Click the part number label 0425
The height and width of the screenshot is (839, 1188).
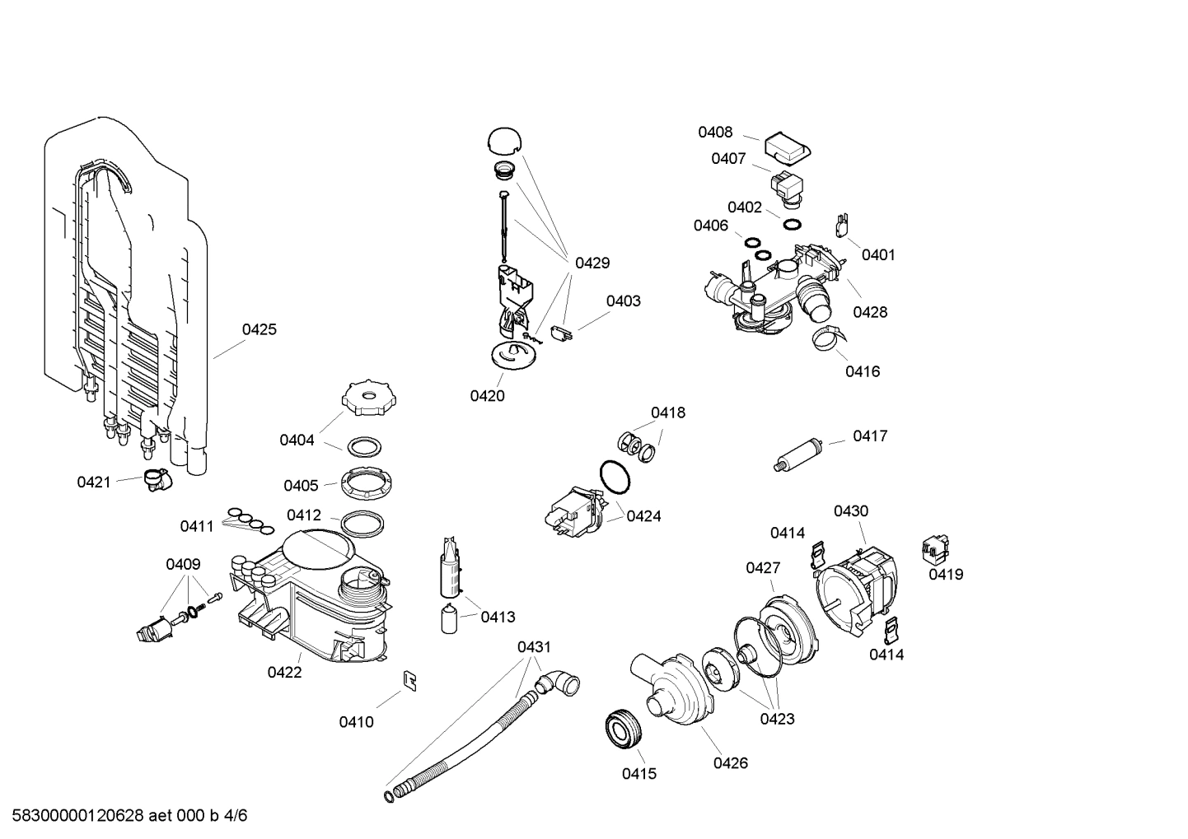pos(259,329)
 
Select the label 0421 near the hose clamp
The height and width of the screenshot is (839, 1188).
pos(93,482)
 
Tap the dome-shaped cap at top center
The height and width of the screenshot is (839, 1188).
pos(505,140)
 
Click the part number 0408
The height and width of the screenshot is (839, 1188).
pos(715,132)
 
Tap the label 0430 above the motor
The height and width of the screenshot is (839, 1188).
pos(850,511)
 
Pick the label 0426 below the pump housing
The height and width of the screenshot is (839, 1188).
pos(730,763)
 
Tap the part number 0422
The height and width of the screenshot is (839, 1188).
pos(284,672)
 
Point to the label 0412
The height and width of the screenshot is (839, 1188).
pos(304,515)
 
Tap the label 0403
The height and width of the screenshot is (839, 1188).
pos(623,301)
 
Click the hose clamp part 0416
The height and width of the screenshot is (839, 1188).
pos(826,338)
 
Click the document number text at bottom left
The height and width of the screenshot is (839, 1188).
pos(124,816)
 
